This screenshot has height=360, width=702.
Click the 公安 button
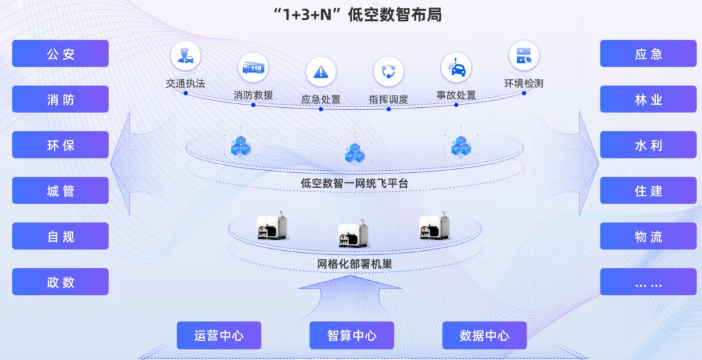(60, 54)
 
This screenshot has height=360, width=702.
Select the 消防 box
(60, 99)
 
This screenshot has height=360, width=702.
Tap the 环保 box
(60, 145)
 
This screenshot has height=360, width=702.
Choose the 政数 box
(60, 282)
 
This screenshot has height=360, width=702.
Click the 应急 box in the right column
(648, 54)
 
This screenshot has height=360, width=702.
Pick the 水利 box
(648, 145)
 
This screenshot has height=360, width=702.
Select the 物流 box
(648, 237)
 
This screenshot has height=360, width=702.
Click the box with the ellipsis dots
(648, 282)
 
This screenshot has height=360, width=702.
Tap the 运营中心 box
(219, 335)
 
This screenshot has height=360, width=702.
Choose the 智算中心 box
(352, 335)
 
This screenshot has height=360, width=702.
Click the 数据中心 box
(484, 335)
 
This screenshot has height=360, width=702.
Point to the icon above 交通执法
(185, 57)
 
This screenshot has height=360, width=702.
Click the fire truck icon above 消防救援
(253, 68)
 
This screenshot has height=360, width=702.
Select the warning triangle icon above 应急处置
(320, 71)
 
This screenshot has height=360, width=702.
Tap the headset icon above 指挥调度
(389, 71)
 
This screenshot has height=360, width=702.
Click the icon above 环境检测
(524, 57)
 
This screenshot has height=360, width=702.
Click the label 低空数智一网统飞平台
(355, 183)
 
